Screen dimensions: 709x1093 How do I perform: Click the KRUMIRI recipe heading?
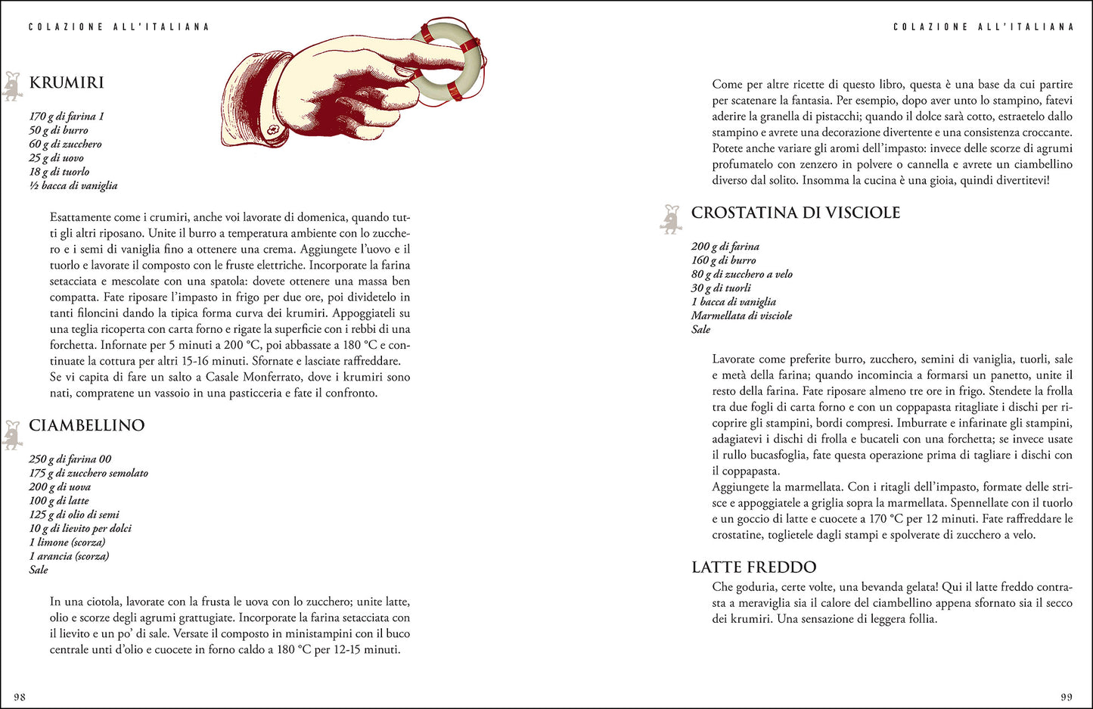67,82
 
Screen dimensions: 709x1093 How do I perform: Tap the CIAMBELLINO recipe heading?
86,425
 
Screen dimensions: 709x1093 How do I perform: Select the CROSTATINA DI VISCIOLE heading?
796,213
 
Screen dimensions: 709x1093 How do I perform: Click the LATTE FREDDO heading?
753,567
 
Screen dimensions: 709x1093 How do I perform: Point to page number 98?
20,697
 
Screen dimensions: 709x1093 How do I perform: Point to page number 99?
1066,697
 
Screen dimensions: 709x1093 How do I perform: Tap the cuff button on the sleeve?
274,130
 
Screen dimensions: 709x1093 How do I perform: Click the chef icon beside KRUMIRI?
12,86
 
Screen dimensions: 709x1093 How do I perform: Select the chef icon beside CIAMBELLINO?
12,434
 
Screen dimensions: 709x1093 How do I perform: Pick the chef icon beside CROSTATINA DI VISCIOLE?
671,219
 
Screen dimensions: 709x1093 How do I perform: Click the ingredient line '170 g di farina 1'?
67,117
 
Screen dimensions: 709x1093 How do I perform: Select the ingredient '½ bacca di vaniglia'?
73,185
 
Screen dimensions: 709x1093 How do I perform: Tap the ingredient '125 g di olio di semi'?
74,515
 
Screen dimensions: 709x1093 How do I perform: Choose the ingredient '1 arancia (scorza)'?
69,556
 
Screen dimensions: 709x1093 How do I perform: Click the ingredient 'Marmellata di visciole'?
741,316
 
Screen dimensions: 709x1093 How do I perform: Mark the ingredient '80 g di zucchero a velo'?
741,274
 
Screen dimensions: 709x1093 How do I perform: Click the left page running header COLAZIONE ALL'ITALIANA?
119,26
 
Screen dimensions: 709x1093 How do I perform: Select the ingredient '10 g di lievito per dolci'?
80,528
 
